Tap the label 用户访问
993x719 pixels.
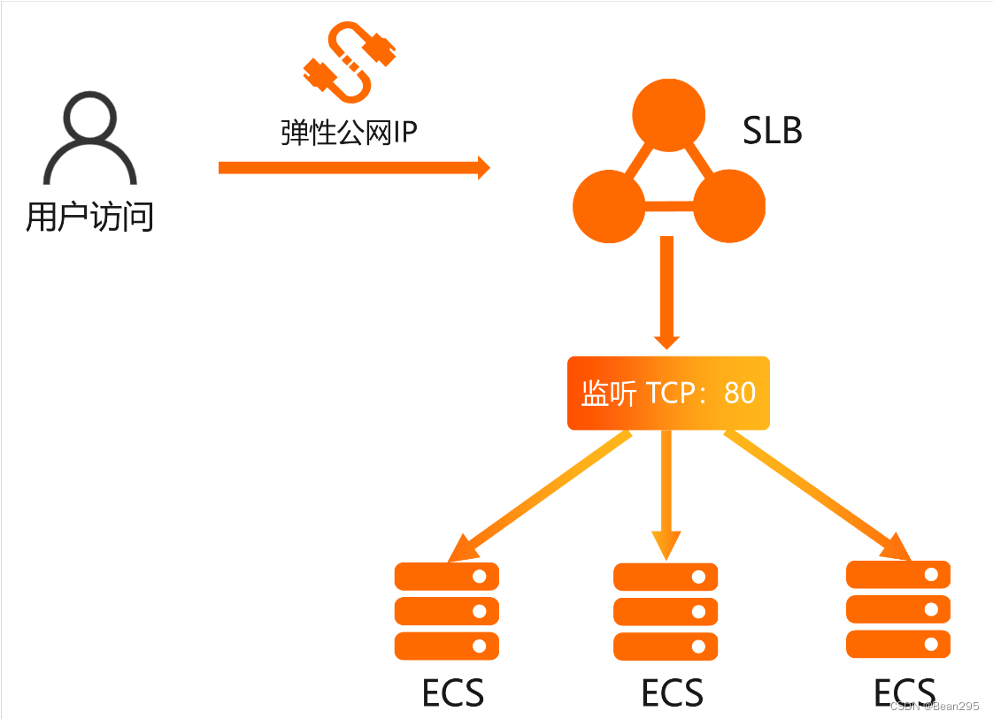tap(89, 216)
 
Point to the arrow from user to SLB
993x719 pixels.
tap(353, 167)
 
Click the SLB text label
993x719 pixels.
tap(772, 131)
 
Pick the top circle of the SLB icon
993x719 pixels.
tap(668, 115)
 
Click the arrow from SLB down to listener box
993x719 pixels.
tap(667, 292)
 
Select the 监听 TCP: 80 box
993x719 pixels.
tap(668, 393)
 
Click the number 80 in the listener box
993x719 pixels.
tap(740, 393)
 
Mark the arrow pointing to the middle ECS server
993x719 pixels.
tap(666, 495)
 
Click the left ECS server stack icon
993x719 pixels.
tap(447, 611)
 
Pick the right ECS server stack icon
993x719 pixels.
tap(898, 609)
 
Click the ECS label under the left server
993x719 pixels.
tap(453, 693)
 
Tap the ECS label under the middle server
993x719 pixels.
tap(673, 693)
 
